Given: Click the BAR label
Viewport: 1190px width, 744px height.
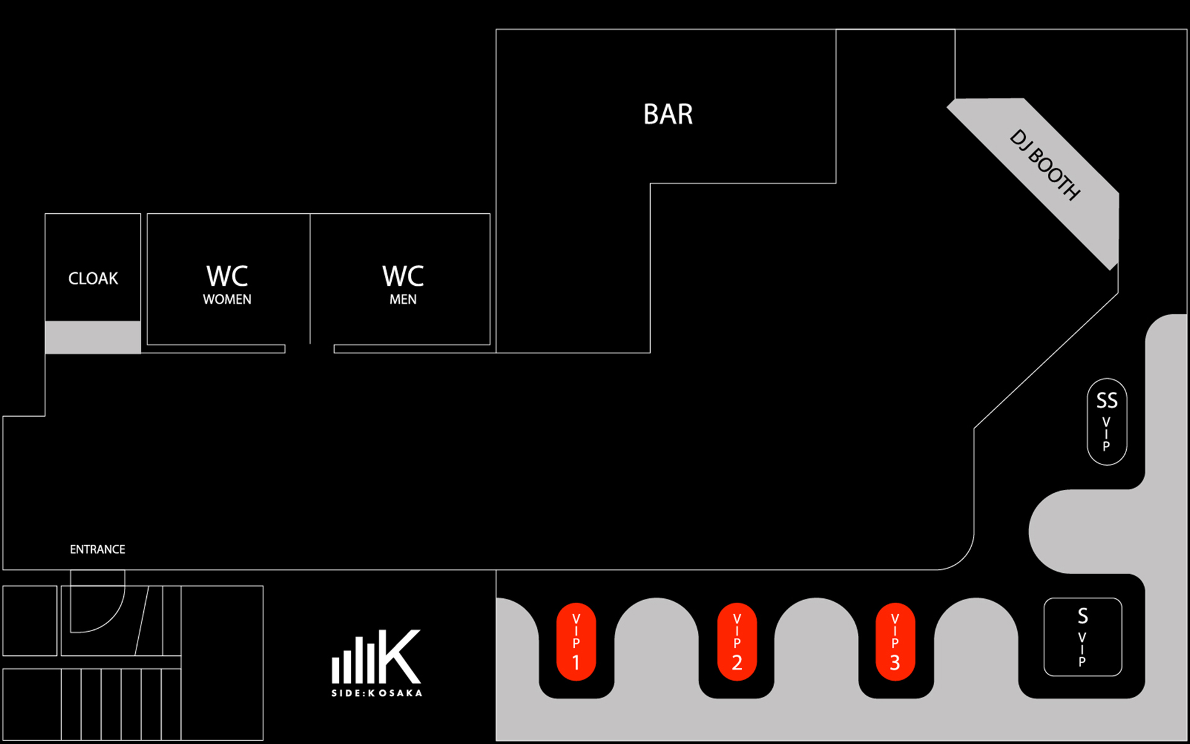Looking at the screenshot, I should coord(668,114).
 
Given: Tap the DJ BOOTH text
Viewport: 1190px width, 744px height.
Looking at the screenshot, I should coord(1045,165).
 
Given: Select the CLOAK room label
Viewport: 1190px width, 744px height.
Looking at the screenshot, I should coord(93,278).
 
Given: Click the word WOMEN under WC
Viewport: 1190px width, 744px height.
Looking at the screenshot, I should coord(227,299).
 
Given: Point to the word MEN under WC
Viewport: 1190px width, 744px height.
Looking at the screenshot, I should coord(403,299).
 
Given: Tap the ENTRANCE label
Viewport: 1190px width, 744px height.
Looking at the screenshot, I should coord(97,549).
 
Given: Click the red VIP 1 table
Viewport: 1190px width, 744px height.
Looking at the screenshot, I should coord(576,642).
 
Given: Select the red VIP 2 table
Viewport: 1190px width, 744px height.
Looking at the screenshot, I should coord(736,642).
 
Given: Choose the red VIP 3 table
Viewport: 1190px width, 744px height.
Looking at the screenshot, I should coord(894,642).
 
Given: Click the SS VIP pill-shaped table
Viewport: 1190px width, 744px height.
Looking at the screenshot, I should coord(1107,422).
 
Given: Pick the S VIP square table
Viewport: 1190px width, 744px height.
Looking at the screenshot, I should coord(1083,637).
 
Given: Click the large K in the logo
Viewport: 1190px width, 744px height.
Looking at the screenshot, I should coord(399,657).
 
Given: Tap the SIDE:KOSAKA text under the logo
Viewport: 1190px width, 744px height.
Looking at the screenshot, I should coord(377,693).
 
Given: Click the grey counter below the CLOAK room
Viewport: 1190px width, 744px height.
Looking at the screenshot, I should coord(93,337).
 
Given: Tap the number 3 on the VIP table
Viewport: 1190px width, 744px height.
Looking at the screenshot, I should coord(894,663).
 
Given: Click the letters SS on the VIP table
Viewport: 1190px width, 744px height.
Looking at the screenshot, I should coord(1107,401).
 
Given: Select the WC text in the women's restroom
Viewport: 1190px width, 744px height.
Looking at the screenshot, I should coord(227,276).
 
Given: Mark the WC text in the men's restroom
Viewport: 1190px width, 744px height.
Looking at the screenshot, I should coord(403,276).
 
